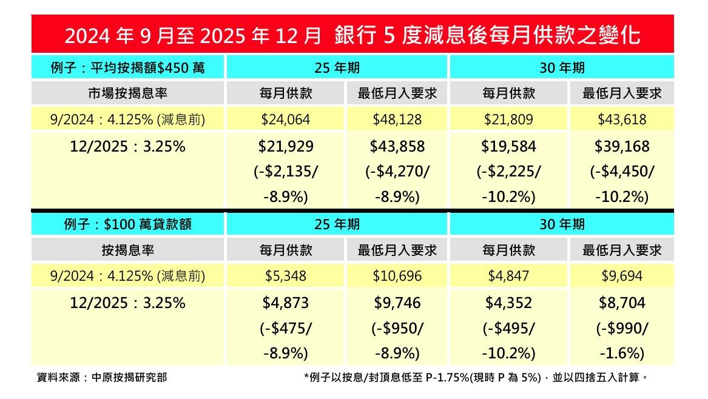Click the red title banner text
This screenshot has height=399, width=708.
352,35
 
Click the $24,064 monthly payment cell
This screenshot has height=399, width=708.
285,119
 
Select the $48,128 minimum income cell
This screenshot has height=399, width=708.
397,119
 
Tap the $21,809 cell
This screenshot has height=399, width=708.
508,119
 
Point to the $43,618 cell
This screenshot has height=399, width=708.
621,119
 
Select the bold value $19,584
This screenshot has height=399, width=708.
508,146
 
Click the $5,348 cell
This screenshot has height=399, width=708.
285,276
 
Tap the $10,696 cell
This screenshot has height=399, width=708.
397,276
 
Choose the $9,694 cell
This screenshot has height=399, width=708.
621,276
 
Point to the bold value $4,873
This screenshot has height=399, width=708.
285,303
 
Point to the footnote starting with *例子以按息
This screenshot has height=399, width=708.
476,377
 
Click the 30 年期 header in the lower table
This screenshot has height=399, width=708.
562,224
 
